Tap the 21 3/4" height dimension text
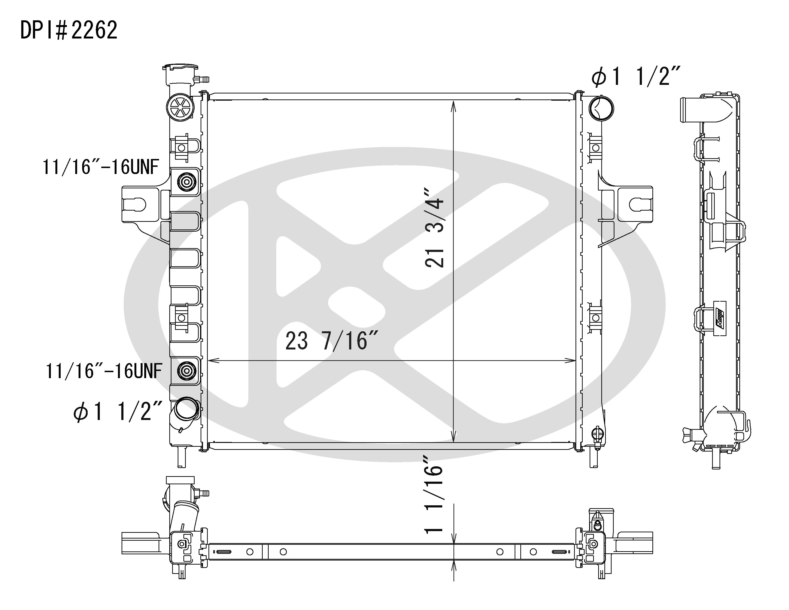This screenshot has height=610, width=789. [x=435, y=228]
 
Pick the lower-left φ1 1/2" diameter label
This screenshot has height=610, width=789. [x=117, y=412]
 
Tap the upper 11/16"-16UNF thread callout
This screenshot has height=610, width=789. [x=101, y=167]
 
